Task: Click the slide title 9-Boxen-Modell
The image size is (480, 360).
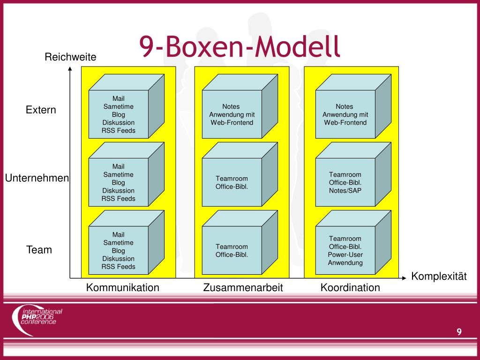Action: point(240,46)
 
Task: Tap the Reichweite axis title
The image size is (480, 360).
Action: point(70,57)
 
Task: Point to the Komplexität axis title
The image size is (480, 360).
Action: point(439,276)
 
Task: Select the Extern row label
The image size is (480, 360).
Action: point(41,110)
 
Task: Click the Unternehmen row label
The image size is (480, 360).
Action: point(37,178)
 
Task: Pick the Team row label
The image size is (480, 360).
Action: point(39,250)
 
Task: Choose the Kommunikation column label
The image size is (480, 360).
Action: point(122,287)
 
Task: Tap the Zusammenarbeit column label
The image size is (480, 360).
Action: point(243,287)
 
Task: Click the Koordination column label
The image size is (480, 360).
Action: point(350,287)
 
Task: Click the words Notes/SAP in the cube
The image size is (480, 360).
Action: point(345,190)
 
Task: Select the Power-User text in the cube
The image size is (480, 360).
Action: point(345,255)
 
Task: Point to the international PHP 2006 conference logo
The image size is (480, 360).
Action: point(37,320)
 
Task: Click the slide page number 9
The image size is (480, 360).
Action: point(459,332)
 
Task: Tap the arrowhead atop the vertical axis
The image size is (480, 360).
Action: point(70,69)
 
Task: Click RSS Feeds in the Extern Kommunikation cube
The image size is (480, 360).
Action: point(119,130)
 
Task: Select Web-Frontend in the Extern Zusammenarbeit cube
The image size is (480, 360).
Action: point(232,122)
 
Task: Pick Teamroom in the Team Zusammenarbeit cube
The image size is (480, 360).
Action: point(232,247)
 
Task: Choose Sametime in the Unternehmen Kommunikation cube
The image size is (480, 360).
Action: point(119,174)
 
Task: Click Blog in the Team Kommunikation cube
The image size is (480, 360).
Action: point(119,251)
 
